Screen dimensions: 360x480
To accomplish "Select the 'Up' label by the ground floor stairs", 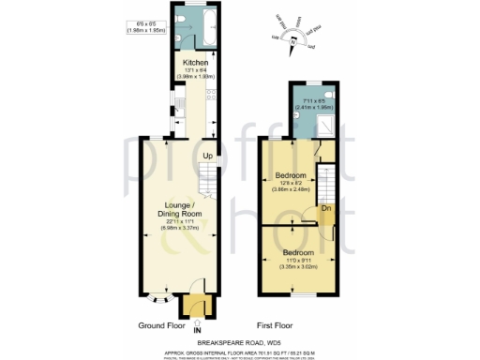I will pyautogui.click(x=207, y=156).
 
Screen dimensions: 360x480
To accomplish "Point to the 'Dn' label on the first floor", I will pyautogui.click(x=326, y=208).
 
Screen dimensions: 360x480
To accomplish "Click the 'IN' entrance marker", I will pyautogui.click(x=197, y=330).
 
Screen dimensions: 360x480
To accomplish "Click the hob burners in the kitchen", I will pyautogui.click(x=211, y=94).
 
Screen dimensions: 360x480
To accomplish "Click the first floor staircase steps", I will pyautogui.click(x=327, y=181).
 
